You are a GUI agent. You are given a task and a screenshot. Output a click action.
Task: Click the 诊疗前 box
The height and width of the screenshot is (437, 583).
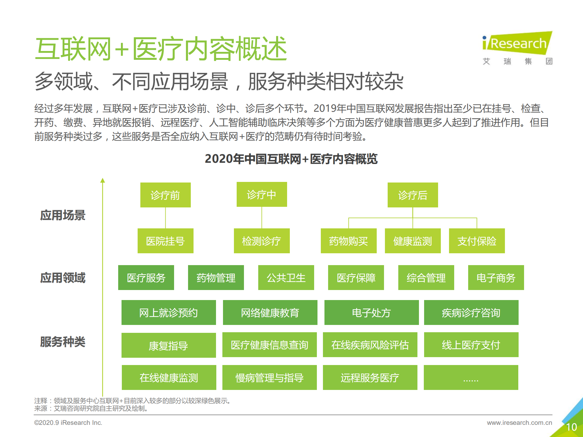[165, 195]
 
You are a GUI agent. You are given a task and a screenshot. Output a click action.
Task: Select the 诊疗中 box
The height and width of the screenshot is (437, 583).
[262, 194]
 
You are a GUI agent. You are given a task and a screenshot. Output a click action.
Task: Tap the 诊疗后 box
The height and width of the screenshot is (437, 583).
[413, 195]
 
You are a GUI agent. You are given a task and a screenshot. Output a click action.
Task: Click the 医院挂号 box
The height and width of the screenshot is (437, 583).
[165, 241]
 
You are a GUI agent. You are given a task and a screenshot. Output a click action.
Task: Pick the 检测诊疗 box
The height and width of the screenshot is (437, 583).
[262, 241]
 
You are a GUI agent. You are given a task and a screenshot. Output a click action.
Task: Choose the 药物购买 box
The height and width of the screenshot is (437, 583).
[348, 241]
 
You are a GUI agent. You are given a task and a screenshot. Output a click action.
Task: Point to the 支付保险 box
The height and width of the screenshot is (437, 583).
[477, 241]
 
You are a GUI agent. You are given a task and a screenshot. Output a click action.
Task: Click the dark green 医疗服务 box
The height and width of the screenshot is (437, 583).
[146, 278]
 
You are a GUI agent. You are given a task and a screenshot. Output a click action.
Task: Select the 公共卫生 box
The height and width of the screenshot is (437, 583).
[286, 278]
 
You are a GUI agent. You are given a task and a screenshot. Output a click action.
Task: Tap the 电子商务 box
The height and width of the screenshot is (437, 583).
[496, 278]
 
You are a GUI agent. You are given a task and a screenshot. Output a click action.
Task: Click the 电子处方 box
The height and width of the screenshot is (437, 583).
[371, 312]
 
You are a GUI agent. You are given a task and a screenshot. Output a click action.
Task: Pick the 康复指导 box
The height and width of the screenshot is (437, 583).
[169, 345]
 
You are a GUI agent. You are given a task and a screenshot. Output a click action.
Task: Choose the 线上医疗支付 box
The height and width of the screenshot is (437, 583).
[471, 345]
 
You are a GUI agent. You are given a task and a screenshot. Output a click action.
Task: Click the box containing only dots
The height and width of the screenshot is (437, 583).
[471, 377]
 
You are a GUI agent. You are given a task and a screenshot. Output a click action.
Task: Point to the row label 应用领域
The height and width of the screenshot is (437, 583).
[63, 278]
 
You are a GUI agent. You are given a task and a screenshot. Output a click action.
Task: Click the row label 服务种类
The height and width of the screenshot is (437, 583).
[63, 342]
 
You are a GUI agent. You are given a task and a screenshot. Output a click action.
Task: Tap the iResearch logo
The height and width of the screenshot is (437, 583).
[517, 44]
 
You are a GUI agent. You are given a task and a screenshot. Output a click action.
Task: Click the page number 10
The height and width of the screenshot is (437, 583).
[571, 427]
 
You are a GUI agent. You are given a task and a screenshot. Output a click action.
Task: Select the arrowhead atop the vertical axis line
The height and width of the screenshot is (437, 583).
[103, 180]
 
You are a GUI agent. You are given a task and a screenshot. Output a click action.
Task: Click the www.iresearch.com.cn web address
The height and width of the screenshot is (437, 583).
[519, 422]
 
